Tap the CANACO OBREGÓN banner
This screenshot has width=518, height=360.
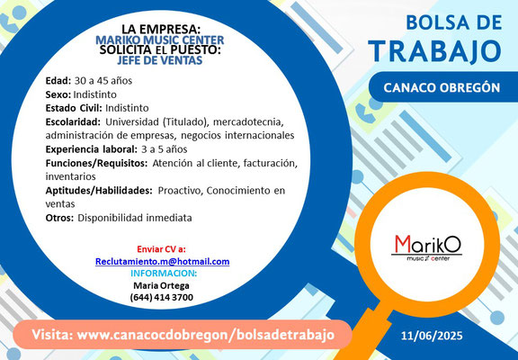pos(443,86)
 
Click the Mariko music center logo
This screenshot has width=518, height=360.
pos(426,247)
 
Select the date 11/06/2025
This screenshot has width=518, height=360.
pos(432,336)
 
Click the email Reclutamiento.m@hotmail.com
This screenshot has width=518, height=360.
pos(162,262)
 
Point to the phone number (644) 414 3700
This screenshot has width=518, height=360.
pos(162,297)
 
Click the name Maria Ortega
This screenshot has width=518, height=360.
pos(161,285)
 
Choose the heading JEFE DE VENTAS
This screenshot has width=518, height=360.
pos(159,59)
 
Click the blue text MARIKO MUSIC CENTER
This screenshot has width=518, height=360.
pos(160,40)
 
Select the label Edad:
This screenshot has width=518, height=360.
pos(58,81)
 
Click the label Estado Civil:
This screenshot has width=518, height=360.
pos(74,108)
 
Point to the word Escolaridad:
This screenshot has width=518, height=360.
pos(73,122)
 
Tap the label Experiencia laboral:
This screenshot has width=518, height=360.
pos(91,149)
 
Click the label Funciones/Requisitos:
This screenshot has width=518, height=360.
pos(96,163)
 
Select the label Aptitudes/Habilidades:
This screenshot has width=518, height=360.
pos(99,191)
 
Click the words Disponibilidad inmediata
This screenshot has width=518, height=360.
pos(135,218)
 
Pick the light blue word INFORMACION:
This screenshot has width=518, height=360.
pos(164,274)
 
